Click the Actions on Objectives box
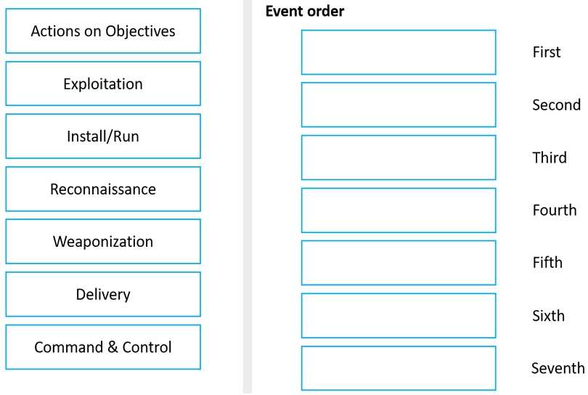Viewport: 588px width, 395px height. point(103,30)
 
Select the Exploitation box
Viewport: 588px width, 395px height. point(103,84)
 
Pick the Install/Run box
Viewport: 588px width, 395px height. point(103,137)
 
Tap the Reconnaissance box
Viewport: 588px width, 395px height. point(103,189)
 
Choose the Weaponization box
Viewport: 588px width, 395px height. point(103,242)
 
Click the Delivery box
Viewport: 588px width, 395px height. point(103,295)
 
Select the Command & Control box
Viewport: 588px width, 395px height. point(103,347)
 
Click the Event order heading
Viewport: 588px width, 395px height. point(304,11)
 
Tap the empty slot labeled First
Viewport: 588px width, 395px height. point(399,52)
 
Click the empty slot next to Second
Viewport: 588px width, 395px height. point(399,105)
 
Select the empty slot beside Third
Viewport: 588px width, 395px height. point(399,158)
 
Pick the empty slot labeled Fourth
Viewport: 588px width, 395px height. point(399,210)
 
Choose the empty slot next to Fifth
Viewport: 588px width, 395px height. point(399,263)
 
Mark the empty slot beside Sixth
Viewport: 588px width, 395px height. point(399,315)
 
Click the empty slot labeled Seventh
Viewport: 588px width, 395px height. point(399,368)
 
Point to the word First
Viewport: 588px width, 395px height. point(547,52)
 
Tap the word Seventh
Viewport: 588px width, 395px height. point(558,368)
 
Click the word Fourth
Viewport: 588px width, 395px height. point(555,210)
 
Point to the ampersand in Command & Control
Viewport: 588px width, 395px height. point(113,347)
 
